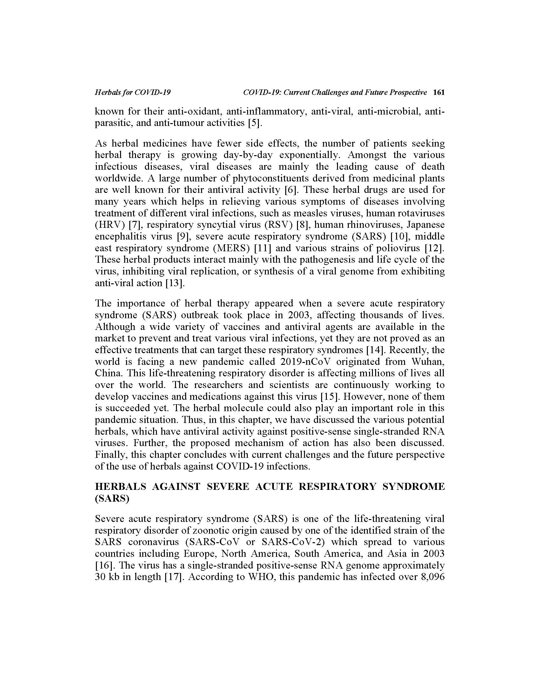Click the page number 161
click(438, 92)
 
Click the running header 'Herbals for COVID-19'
click(133, 92)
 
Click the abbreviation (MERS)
click(229, 248)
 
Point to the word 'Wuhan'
click(428, 362)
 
